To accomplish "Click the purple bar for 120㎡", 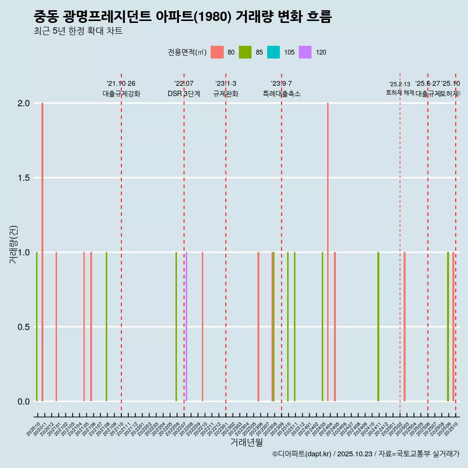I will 186,327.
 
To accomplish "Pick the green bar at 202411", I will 378,327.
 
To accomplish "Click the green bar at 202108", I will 106,327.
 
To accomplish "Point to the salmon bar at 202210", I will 202,327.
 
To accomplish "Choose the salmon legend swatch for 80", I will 217,52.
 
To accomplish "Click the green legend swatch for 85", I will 245,52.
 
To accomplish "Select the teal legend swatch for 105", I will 273,52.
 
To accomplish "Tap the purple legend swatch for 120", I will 305,52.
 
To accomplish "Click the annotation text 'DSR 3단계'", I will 184,94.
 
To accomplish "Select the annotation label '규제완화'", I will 226,94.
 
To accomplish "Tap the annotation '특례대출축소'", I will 282,94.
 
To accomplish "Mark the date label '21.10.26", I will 121,83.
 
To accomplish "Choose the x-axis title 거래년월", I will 246,442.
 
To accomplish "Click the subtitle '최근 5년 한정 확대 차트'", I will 78,31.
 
